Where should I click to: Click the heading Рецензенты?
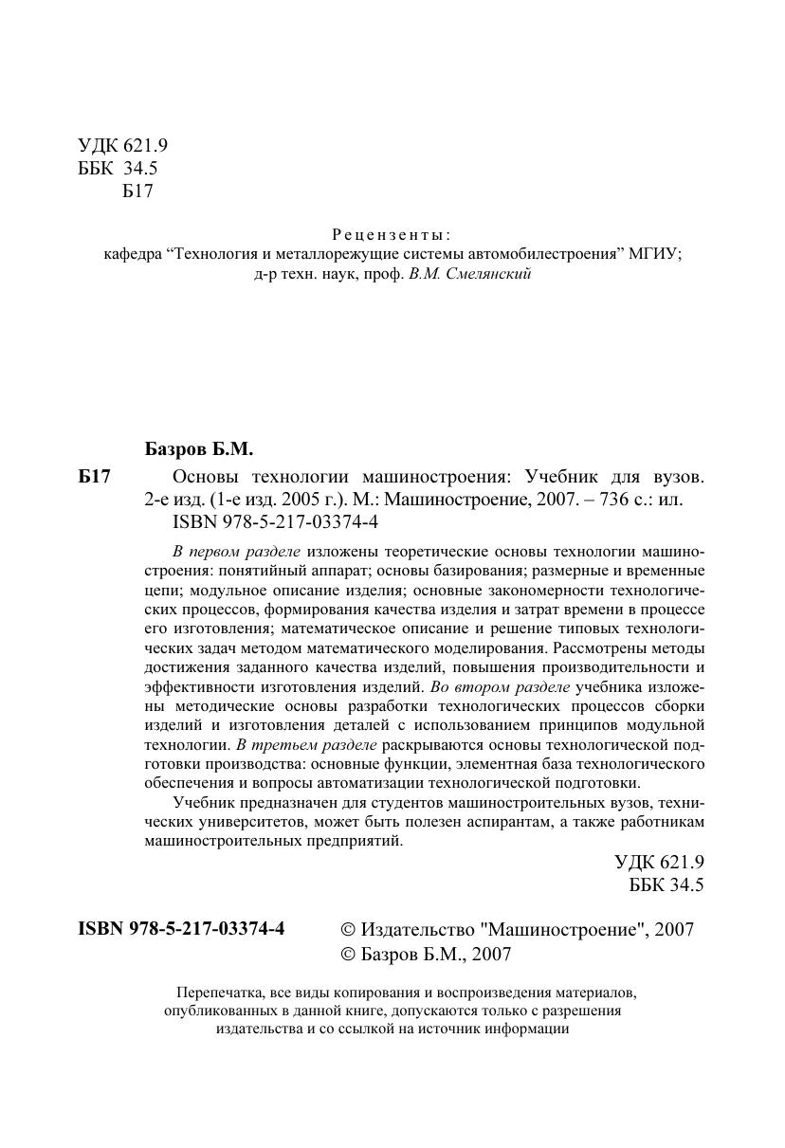click(x=392, y=234)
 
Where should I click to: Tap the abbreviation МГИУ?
click(x=655, y=254)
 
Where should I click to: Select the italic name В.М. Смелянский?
click(x=469, y=274)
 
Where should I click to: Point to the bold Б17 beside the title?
click(x=95, y=477)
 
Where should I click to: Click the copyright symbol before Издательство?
click(x=347, y=930)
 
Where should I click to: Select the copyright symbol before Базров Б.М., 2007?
click(x=347, y=955)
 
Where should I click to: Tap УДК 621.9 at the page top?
click(x=122, y=146)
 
